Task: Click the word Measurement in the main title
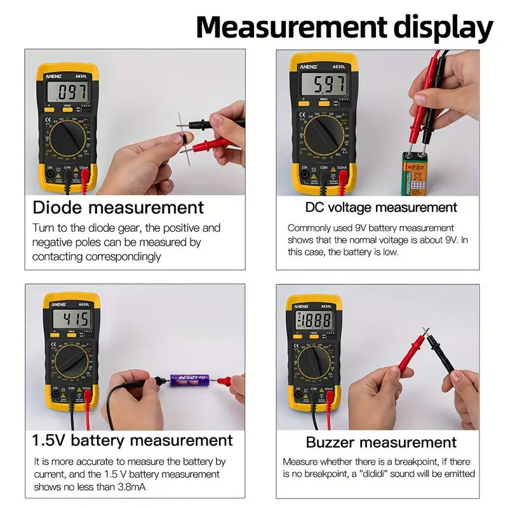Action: (290, 28)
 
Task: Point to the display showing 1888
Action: (314, 321)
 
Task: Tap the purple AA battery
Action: (189, 380)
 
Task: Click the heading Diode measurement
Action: (118, 208)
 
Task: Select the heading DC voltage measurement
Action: (381, 208)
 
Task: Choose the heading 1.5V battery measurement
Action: (133, 440)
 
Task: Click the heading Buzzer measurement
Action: (381, 442)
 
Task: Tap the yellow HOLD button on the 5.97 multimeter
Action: (323, 100)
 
